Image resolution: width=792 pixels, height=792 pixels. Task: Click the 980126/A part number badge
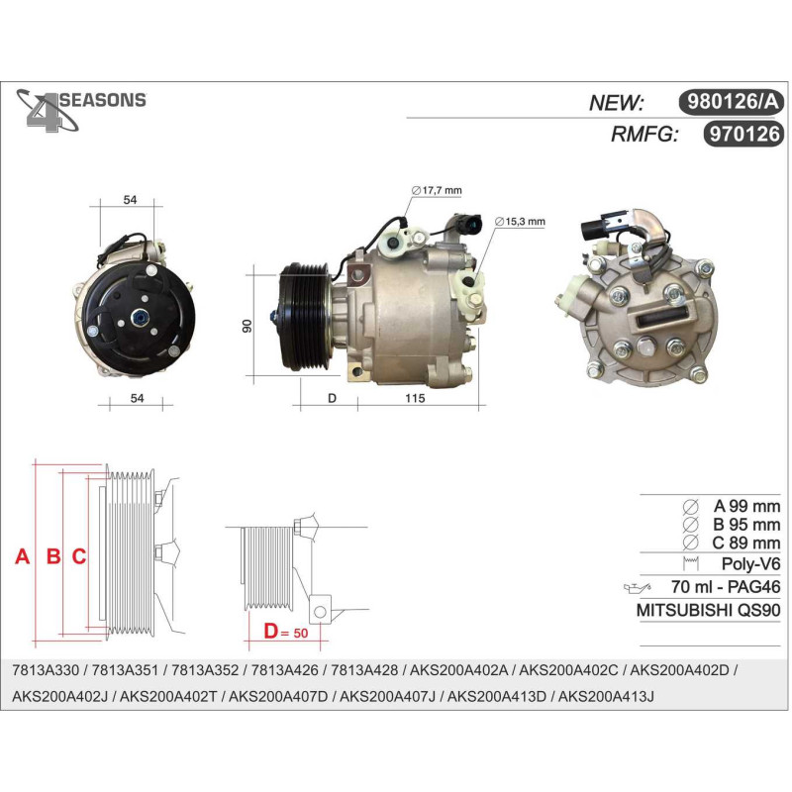tap(731, 102)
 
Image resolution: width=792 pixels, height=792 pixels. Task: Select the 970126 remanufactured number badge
tap(743, 134)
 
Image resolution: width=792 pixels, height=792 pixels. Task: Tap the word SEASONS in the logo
tap(103, 100)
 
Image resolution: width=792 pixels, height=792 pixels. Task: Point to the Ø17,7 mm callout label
tap(437, 190)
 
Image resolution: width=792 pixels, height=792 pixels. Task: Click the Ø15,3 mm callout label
tap(520, 221)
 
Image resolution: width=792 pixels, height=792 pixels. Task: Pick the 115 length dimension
tap(415, 398)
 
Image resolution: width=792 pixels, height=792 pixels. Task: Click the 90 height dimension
tap(247, 326)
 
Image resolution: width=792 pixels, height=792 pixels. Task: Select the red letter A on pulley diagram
tap(22, 556)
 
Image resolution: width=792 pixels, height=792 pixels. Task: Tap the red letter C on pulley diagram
tap(79, 556)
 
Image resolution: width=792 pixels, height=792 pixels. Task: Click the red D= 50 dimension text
tap(286, 632)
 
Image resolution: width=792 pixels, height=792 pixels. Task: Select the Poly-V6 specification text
tap(750, 563)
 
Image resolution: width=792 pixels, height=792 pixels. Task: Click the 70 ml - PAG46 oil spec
tap(726, 586)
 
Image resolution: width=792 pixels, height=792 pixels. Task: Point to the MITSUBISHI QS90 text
tap(708, 610)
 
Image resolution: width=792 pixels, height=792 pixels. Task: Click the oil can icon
tap(638, 587)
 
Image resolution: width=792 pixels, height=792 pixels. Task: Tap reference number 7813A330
tap(46, 670)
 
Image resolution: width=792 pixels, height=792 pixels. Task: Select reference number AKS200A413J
tap(606, 697)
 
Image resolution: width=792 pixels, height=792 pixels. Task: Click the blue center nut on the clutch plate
tap(138, 318)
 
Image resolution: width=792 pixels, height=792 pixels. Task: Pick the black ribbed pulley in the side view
tap(305, 317)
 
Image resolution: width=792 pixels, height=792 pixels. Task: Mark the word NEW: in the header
tap(616, 103)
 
